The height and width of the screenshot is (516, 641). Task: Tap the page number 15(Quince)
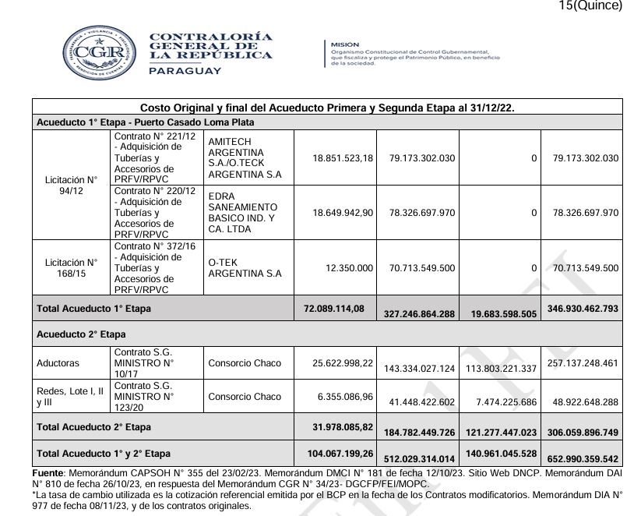(x=590, y=6)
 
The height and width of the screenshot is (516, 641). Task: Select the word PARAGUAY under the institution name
(x=185, y=71)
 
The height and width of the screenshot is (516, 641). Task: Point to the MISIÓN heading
(x=345, y=44)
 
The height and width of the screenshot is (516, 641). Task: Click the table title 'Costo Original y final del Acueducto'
(x=327, y=107)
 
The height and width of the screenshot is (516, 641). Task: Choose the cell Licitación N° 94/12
(x=71, y=185)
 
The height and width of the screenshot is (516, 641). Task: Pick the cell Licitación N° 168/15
(x=71, y=267)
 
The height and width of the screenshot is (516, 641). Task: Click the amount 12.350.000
(x=350, y=267)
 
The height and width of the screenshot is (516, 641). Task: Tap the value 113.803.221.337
(x=498, y=368)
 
